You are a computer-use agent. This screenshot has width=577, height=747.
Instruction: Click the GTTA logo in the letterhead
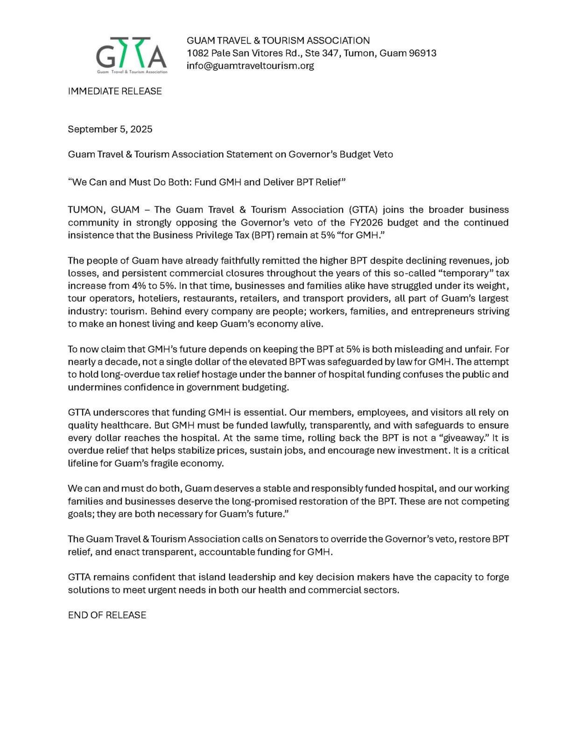(x=131, y=55)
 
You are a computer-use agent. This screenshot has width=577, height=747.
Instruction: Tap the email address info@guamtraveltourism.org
(x=250, y=66)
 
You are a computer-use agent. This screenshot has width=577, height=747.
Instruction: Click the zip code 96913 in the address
(x=422, y=53)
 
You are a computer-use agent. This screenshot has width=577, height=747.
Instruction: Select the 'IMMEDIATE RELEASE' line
(x=115, y=91)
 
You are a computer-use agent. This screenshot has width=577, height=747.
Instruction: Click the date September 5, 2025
(x=110, y=129)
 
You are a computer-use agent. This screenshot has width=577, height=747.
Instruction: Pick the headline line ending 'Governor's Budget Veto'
(x=230, y=155)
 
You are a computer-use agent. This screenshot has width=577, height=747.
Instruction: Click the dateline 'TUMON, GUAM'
(x=104, y=210)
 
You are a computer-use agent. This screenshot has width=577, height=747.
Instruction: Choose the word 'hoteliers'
(x=157, y=298)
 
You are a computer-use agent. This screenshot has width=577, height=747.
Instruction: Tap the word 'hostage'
(x=221, y=374)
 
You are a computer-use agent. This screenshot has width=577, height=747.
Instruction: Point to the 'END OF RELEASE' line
(x=107, y=615)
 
